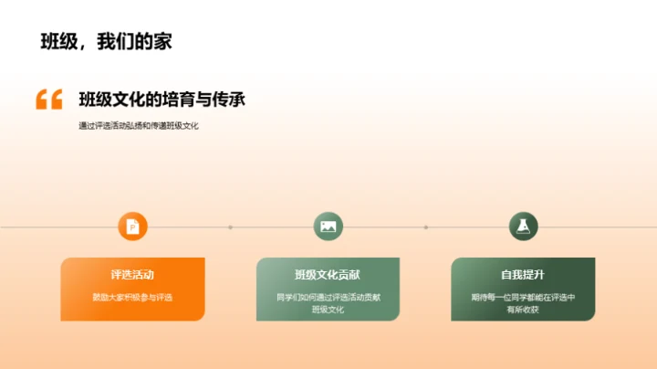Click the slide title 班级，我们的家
click(x=107, y=41)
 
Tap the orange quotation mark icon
click(x=49, y=100)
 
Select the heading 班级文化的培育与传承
click(x=162, y=100)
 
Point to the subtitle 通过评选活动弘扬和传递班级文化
click(x=139, y=126)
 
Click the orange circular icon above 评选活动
click(x=133, y=227)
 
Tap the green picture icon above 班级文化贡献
click(x=328, y=227)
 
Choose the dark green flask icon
click(x=524, y=227)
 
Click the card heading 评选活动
click(x=133, y=274)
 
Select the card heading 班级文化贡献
click(x=328, y=274)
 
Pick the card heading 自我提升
click(x=524, y=274)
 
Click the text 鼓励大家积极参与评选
click(x=133, y=297)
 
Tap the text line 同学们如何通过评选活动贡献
click(x=328, y=297)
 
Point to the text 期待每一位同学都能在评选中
click(x=524, y=297)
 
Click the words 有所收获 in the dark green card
click(x=524, y=310)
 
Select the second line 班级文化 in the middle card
click(x=328, y=310)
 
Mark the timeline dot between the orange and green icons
click(x=231, y=227)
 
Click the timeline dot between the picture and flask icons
click(x=426, y=227)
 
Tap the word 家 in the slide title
click(x=163, y=41)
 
